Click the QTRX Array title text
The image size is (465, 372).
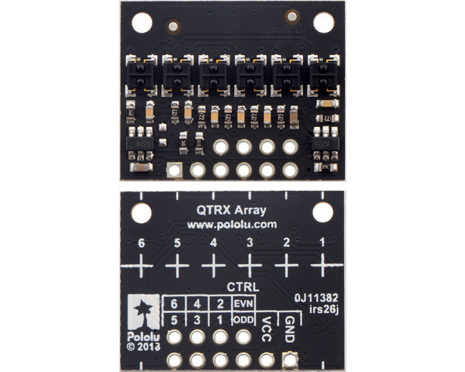(x=232, y=208)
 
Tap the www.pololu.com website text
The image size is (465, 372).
(x=232, y=224)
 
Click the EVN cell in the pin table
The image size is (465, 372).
(x=244, y=303)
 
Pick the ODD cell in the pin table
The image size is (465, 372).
(x=244, y=319)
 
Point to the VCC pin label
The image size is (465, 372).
(x=267, y=324)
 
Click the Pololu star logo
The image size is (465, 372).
(x=143, y=311)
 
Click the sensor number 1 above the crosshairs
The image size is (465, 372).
(x=322, y=243)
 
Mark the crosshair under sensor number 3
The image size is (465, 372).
(x=250, y=267)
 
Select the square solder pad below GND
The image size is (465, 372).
(x=290, y=359)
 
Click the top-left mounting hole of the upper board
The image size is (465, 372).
(x=141, y=22)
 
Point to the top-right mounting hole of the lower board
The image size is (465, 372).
(x=322, y=212)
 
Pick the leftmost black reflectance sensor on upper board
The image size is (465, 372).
(x=141, y=73)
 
